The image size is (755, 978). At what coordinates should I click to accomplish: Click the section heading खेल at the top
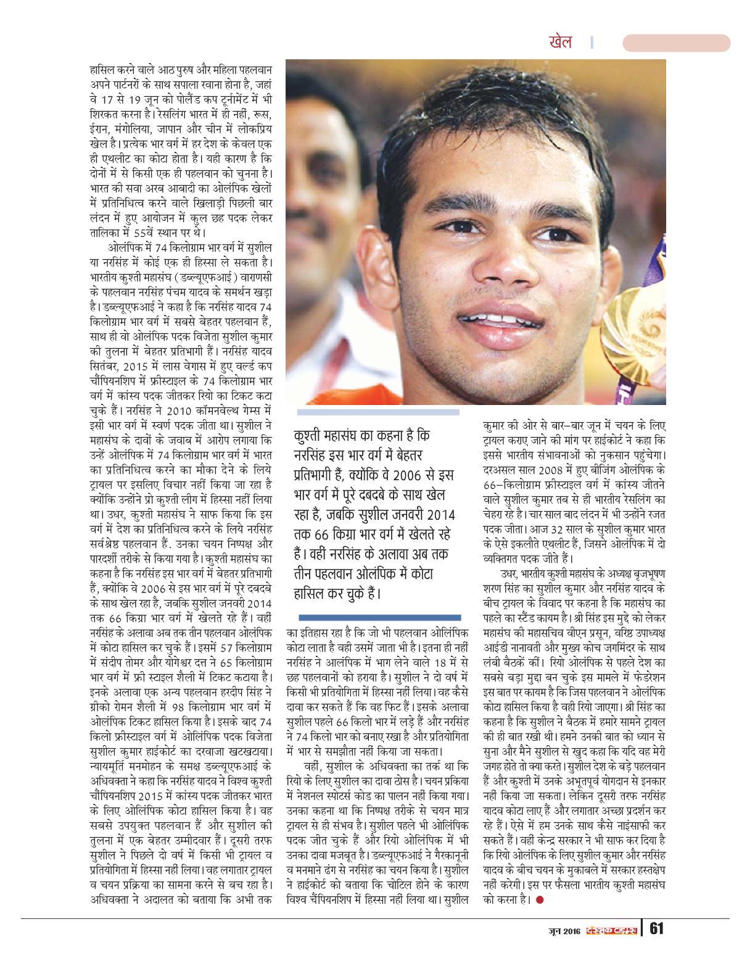560,42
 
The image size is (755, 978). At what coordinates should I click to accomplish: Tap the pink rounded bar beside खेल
676,43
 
